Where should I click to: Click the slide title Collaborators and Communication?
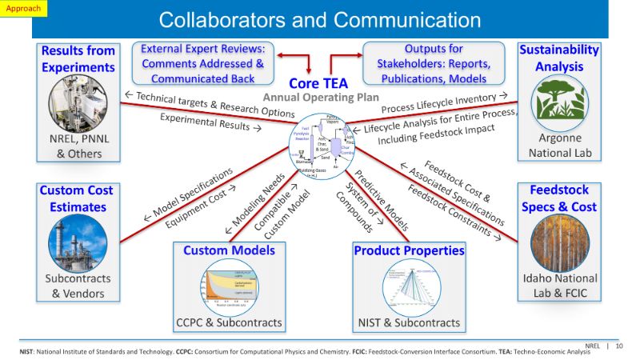point(320,20)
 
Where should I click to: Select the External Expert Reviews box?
point(202,63)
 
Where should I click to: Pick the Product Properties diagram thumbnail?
point(409,286)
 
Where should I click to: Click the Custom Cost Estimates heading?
point(77,199)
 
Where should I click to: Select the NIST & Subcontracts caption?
point(409,322)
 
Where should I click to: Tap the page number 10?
point(619,346)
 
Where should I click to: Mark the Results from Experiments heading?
point(78,58)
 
